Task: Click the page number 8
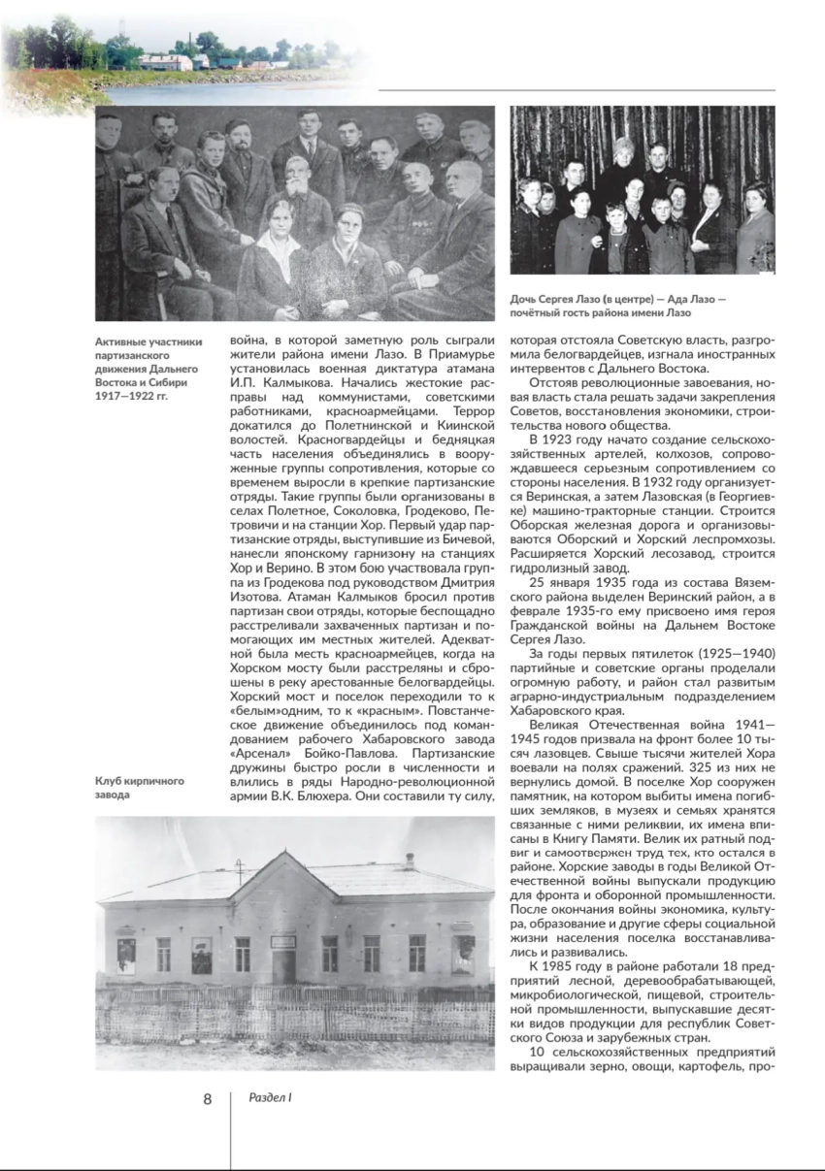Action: tap(207, 1099)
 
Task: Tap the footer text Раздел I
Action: tap(271, 1098)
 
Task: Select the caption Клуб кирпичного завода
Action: tap(139, 787)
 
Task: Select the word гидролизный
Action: tap(550, 569)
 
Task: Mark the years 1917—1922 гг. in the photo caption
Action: tap(129, 396)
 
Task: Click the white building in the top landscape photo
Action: tap(166, 62)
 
